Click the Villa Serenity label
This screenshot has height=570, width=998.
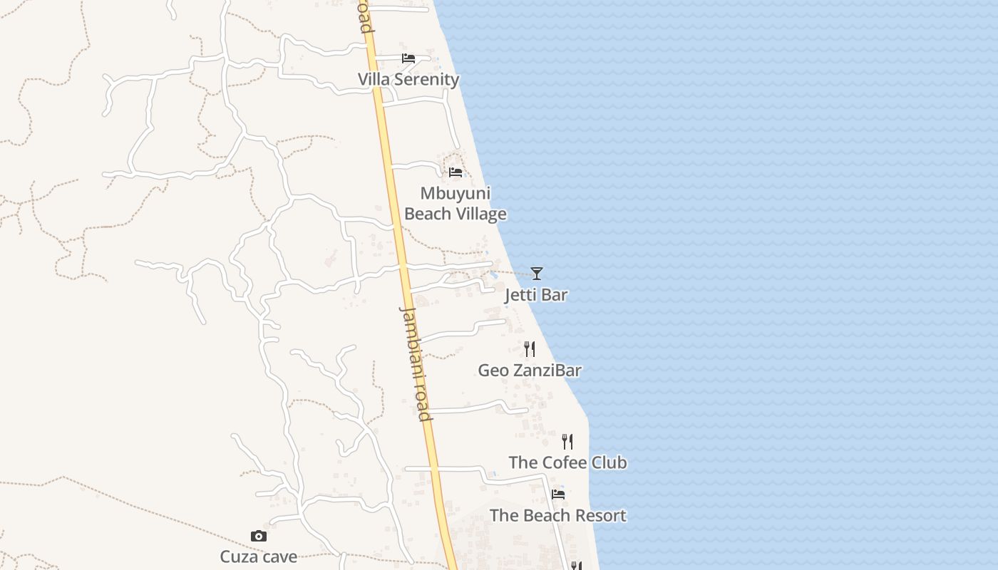[408, 79]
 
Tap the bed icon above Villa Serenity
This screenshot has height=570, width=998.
[408, 58]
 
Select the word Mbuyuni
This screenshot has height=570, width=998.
[455, 193]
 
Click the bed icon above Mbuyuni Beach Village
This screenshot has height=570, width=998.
[456, 172]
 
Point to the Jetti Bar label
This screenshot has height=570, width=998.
[536, 294]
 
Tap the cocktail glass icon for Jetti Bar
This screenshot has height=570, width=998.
[537, 273]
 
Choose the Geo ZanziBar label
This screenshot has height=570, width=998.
[529, 370]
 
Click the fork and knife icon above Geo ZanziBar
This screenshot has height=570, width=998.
[529, 348]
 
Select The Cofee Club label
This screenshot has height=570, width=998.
[567, 462]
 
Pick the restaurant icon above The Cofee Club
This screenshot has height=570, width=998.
[567, 441]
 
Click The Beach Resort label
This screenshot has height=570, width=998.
[557, 515]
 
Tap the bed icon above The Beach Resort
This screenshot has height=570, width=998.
[558, 494]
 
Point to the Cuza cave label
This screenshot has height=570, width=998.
[258, 556]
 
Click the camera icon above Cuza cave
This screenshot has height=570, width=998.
[258, 536]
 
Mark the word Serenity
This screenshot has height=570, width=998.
[426, 79]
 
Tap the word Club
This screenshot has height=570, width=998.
[609, 462]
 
